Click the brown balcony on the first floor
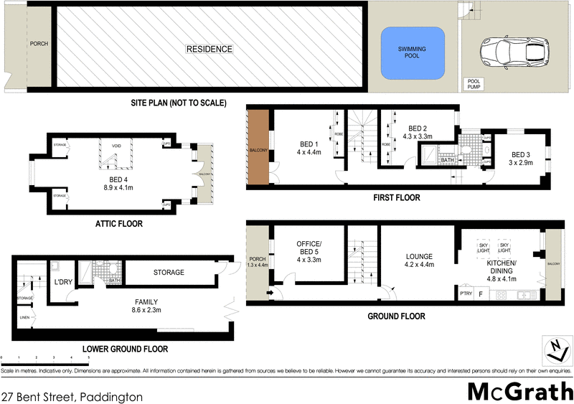pos(258,149)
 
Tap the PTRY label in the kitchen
pos(466,293)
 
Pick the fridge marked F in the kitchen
pos(481,293)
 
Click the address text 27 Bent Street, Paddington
pos(72,396)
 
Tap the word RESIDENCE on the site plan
pos(209,50)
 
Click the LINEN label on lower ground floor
pos(24,317)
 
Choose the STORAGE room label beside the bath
pos(169,272)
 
